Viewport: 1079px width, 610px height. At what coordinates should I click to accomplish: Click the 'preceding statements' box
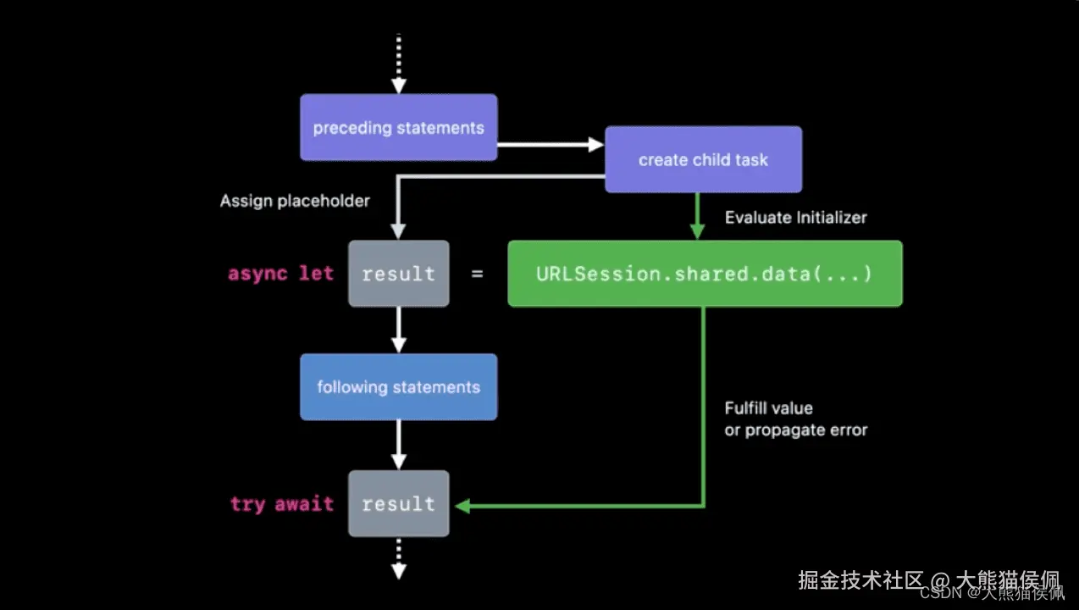click(398, 127)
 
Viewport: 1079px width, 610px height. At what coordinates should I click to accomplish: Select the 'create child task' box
click(703, 159)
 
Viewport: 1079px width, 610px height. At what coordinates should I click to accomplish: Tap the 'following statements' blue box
click(398, 387)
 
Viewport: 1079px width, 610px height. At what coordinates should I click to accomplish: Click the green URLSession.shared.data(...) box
click(705, 274)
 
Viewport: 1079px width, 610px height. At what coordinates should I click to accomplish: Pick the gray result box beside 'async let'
click(399, 274)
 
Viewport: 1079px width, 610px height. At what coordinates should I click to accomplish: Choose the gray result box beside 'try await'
click(399, 503)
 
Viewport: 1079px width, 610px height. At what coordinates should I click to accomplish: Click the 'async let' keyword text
click(281, 274)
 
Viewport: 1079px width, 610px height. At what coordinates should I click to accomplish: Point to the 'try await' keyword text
click(282, 504)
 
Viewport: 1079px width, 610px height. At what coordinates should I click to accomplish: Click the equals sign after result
click(477, 274)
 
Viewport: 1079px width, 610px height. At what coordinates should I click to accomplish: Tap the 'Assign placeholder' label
click(295, 201)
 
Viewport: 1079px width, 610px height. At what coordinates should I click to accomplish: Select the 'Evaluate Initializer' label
click(796, 217)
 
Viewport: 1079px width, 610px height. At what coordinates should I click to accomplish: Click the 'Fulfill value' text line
click(769, 408)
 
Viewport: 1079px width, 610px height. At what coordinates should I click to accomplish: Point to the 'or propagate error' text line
click(796, 430)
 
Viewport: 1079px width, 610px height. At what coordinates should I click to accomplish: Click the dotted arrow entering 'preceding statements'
click(399, 64)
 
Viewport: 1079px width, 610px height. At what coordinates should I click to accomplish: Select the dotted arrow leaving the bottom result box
click(399, 559)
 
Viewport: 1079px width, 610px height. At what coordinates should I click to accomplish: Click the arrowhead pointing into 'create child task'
click(596, 145)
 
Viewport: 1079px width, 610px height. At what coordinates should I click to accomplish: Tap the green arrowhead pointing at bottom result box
click(462, 506)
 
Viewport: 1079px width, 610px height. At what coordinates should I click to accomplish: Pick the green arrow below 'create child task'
click(698, 216)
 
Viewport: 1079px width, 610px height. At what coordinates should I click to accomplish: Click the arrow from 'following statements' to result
click(399, 445)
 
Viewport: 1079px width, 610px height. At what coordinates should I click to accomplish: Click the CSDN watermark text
click(993, 593)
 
